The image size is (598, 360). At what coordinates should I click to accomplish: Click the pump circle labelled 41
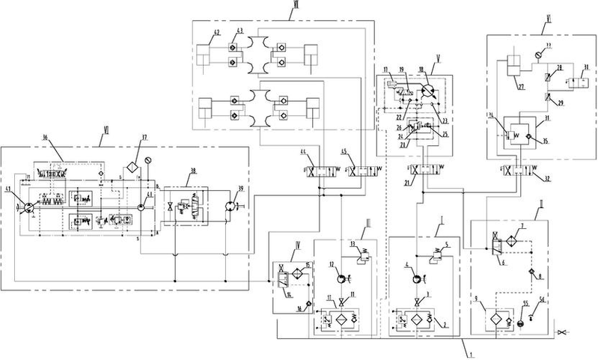27,204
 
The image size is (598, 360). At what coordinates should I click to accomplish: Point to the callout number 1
467,348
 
